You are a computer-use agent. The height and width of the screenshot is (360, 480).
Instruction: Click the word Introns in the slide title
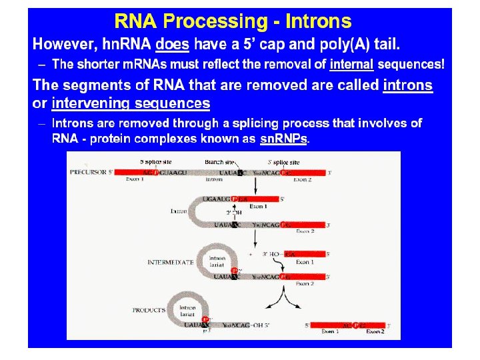(x=318, y=21)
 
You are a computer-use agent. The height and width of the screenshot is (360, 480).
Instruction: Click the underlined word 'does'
(x=172, y=45)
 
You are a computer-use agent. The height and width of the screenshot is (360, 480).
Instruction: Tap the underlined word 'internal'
(x=351, y=65)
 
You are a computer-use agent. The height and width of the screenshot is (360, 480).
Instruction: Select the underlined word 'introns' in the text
(x=407, y=85)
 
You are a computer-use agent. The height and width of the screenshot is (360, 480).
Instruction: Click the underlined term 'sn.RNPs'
(x=284, y=139)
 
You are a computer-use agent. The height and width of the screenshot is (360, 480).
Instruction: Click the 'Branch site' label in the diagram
(x=219, y=162)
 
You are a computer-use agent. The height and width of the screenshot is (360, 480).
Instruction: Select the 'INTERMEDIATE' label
(x=170, y=263)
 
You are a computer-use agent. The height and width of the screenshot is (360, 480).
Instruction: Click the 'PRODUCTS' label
(x=148, y=310)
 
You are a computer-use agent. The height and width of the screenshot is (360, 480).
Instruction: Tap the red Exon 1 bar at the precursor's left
(x=133, y=172)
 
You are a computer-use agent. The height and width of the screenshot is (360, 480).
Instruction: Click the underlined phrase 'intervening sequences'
(x=131, y=103)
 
